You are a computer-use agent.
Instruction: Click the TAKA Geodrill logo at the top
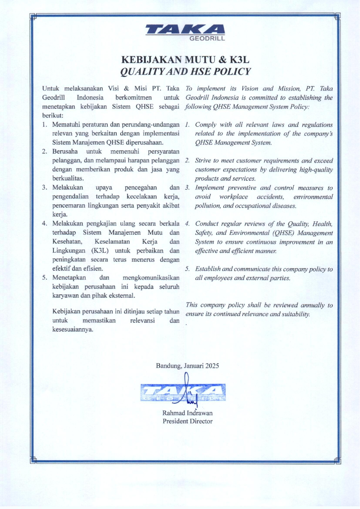[185, 32]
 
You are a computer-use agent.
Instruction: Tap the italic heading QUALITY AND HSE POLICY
[185, 71]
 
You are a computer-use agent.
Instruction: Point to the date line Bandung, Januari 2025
[187, 365]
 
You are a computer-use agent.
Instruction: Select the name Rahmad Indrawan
[187, 413]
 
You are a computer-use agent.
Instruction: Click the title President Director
[187, 421]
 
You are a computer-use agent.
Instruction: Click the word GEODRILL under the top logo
[207, 39]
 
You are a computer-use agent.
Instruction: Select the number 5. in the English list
[188, 269]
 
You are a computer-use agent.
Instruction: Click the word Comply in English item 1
[206, 125]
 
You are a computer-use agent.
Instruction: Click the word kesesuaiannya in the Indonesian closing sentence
[73, 329]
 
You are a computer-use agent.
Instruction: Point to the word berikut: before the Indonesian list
[53, 115]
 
